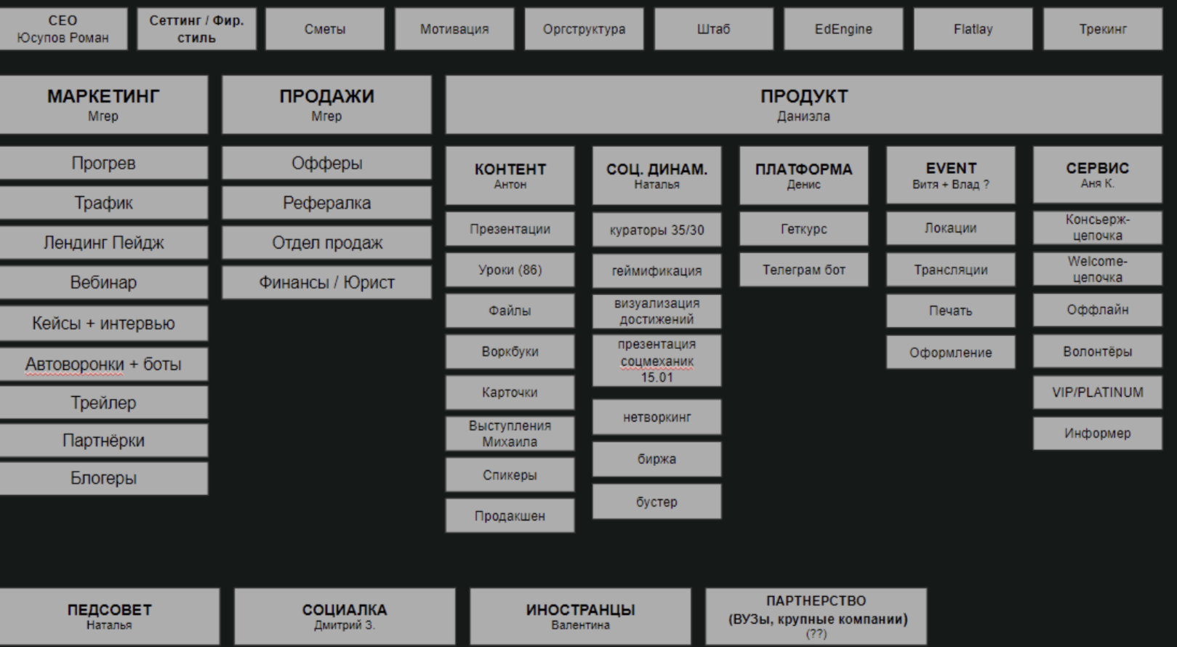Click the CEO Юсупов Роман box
click(63, 29)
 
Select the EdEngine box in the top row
click(843, 29)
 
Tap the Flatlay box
click(973, 29)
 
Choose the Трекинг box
click(1103, 29)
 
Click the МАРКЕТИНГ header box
click(103, 105)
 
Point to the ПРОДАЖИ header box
click(326, 105)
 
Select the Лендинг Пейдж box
click(103, 243)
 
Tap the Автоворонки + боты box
click(103, 364)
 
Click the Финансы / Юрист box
click(326, 283)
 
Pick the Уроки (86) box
click(510, 270)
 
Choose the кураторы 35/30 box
click(656, 230)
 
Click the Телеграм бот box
click(803, 270)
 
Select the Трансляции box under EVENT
click(950, 270)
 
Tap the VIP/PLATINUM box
click(1097, 393)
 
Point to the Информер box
click(1097, 433)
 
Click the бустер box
click(656, 502)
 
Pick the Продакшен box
click(510, 516)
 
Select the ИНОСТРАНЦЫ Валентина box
click(580, 616)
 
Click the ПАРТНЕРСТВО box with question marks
click(816, 616)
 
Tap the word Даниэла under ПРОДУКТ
click(803, 116)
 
